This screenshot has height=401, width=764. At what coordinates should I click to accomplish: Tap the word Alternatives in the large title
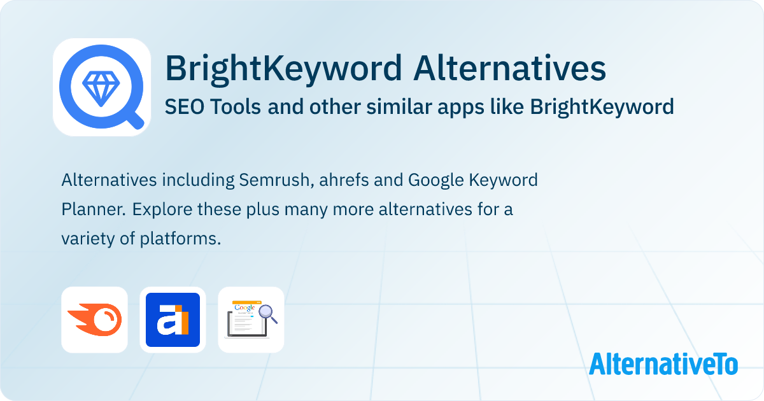(509, 69)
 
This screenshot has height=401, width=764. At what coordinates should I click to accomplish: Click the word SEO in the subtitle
(182, 107)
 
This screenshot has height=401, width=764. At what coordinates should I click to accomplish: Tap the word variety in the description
(86, 239)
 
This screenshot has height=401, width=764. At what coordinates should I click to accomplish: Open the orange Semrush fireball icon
(94, 320)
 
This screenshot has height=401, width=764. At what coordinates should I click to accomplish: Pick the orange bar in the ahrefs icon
(184, 323)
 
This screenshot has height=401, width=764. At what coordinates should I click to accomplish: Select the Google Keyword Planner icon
(251, 320)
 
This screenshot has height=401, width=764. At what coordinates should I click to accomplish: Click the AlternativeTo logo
(663, 364)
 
